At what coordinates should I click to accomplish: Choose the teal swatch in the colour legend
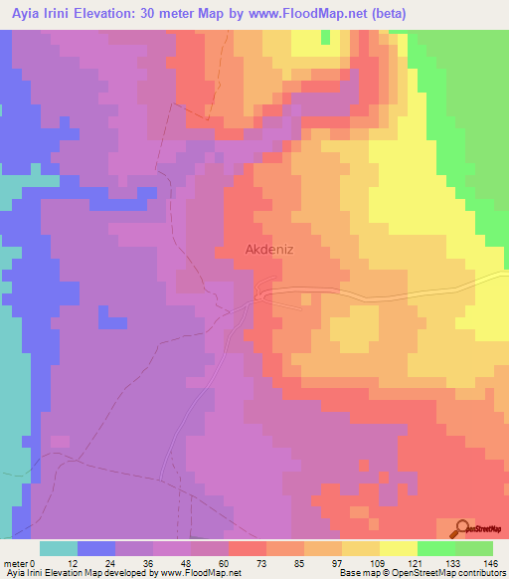58,548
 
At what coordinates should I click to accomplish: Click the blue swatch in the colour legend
95,548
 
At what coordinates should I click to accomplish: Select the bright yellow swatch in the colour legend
398,548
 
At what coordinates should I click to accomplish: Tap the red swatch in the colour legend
247,548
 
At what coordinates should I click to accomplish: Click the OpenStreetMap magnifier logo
462,528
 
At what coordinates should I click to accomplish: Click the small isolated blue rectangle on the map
112,322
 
